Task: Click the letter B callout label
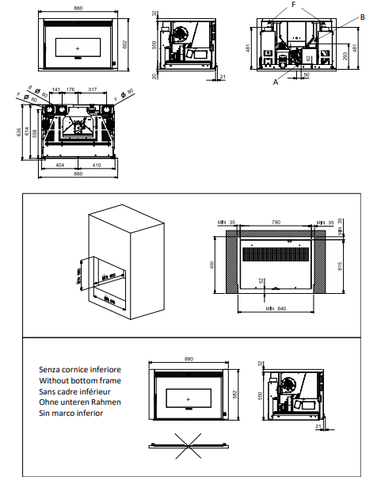point(362,17)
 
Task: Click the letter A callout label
point(275,80)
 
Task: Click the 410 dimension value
point(95,166)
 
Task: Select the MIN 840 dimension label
point(275,308)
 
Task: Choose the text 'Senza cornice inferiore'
point(79,370)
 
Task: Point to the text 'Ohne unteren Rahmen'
point(79,402)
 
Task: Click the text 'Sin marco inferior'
point(72,413)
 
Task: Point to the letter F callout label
point(295,4)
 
